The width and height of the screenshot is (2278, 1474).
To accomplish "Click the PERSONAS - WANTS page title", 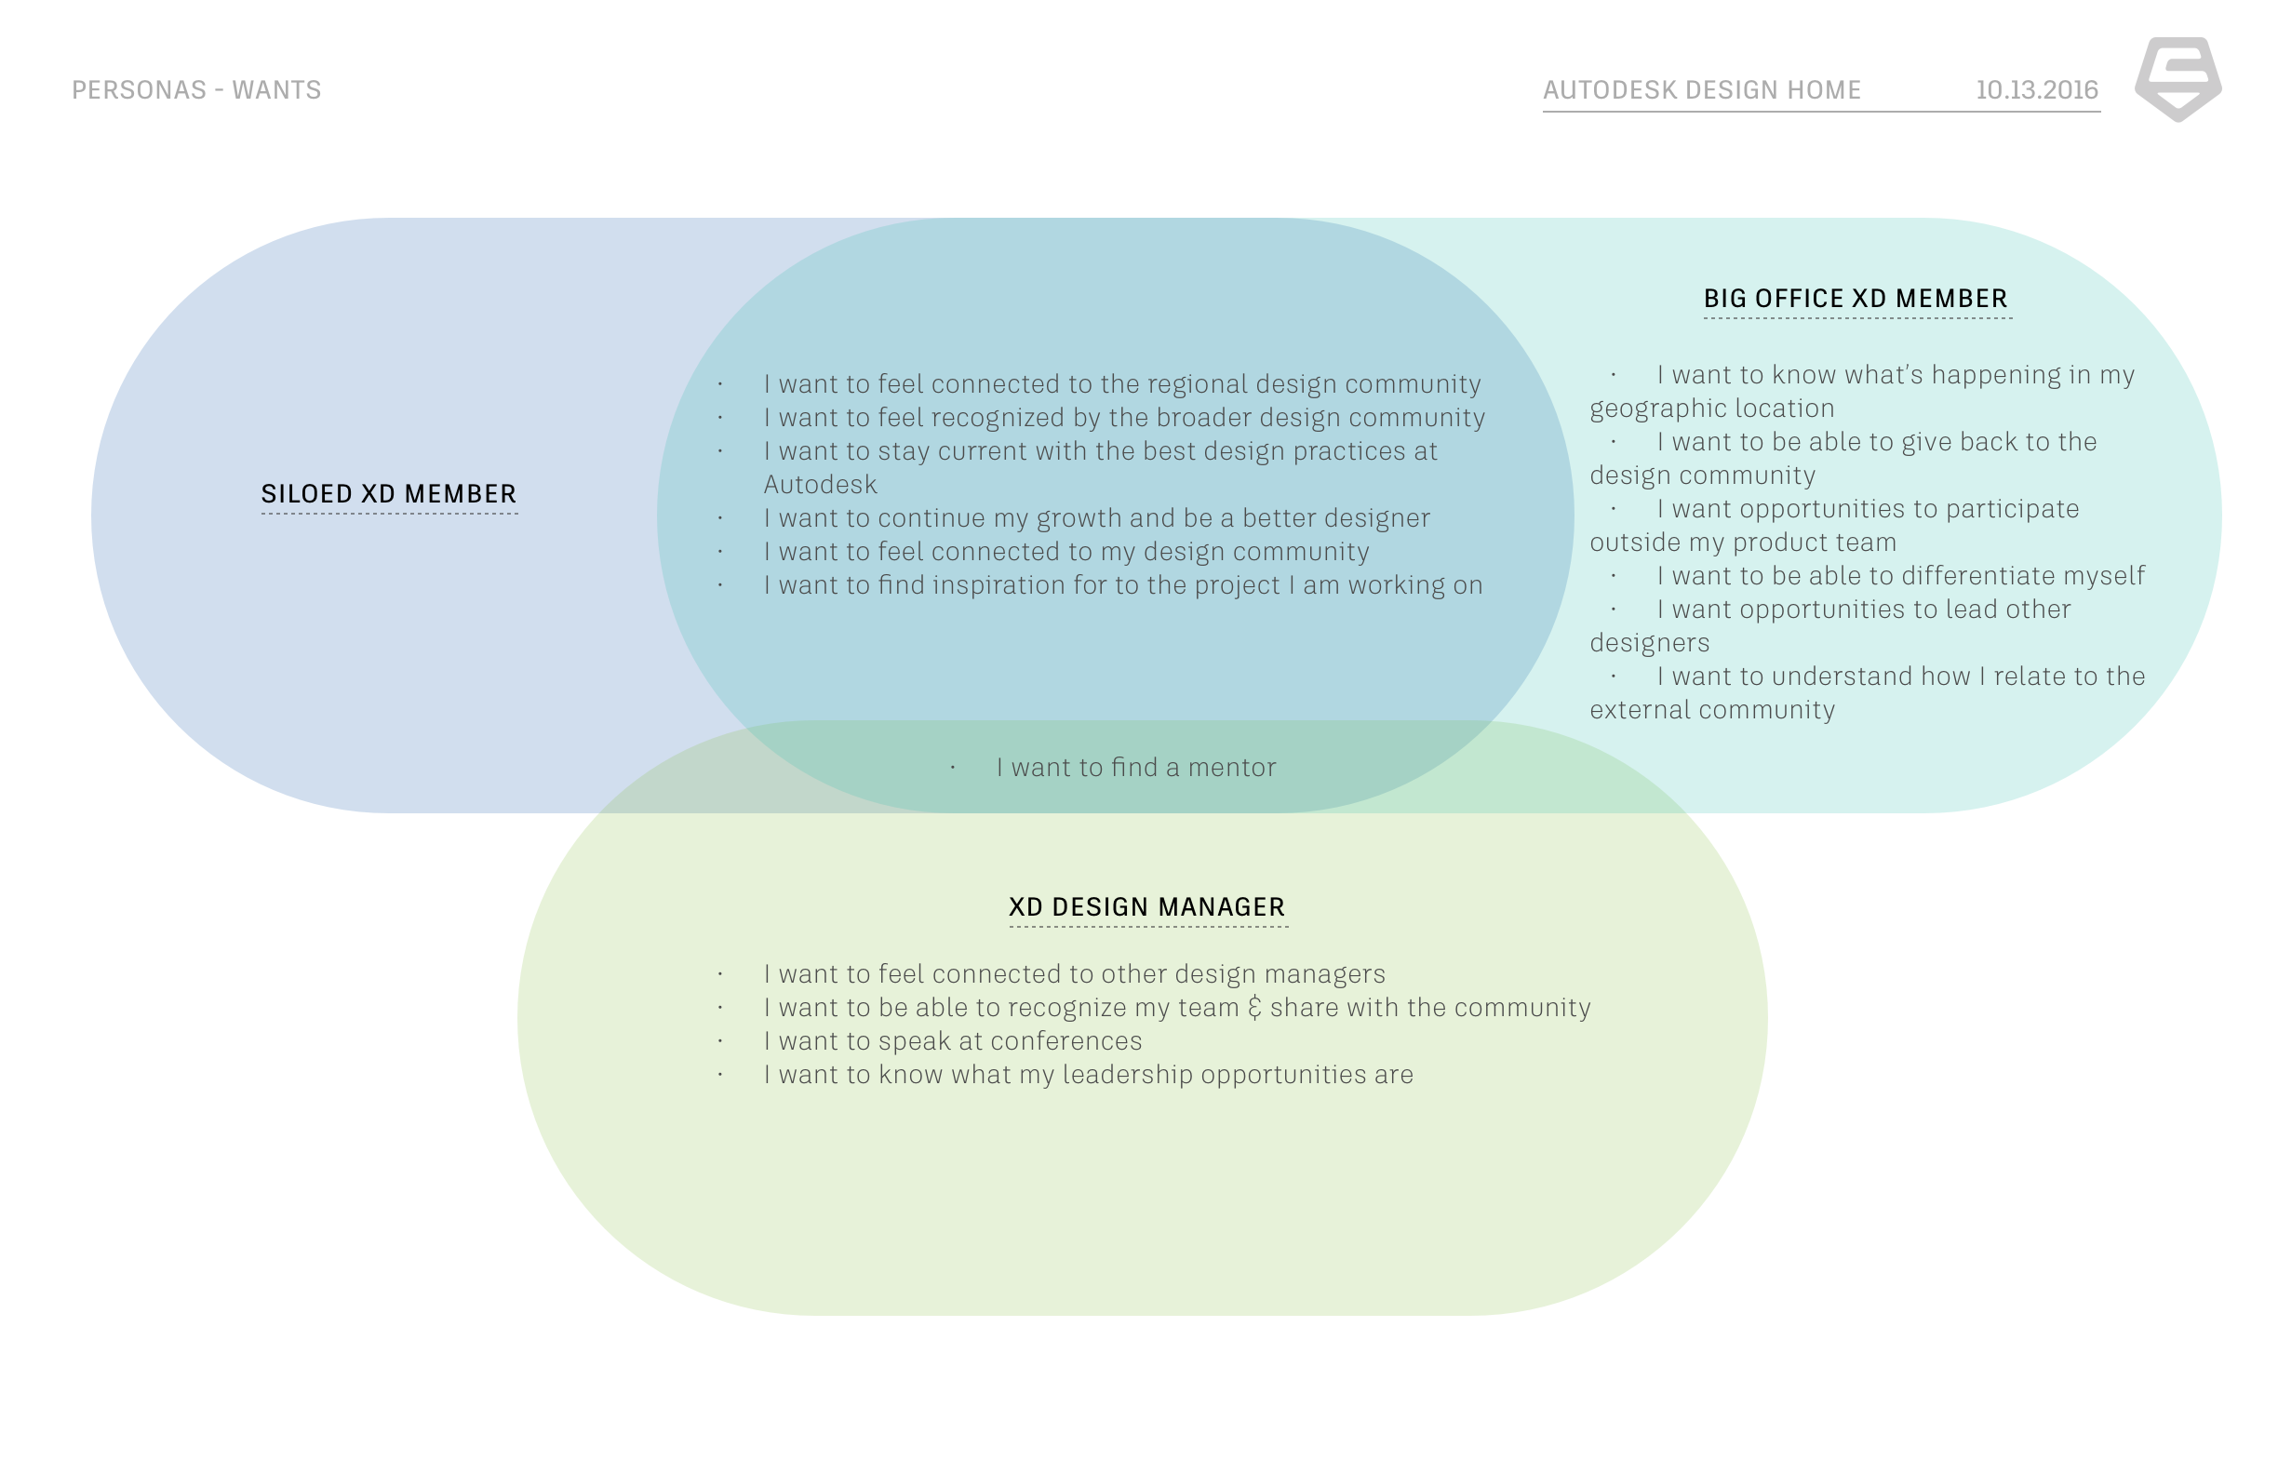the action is point(196,90).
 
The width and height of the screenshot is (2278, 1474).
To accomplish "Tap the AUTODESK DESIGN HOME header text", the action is point(1701,90).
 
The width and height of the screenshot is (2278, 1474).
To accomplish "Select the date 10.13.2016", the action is point(2036,90).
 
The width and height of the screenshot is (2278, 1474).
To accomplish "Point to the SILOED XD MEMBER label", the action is point(389,494).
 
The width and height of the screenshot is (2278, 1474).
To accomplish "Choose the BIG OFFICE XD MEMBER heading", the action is point(1855,299).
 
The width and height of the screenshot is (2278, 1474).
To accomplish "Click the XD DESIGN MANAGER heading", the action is point(1146,906).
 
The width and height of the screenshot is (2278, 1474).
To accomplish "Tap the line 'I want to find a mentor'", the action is point(1135,768).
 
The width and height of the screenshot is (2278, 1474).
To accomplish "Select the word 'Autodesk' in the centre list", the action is point(819,485).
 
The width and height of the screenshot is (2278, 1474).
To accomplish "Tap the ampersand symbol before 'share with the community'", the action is point(1253,1008).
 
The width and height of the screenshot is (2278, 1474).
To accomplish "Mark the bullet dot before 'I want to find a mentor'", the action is point(952,768).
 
